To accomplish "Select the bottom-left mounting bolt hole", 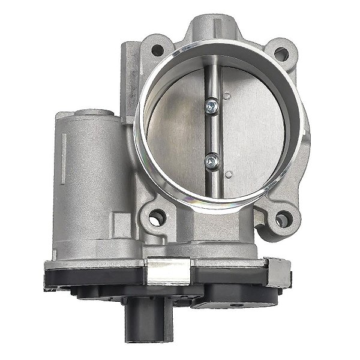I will pyautogui.click(x=159, y=213).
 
